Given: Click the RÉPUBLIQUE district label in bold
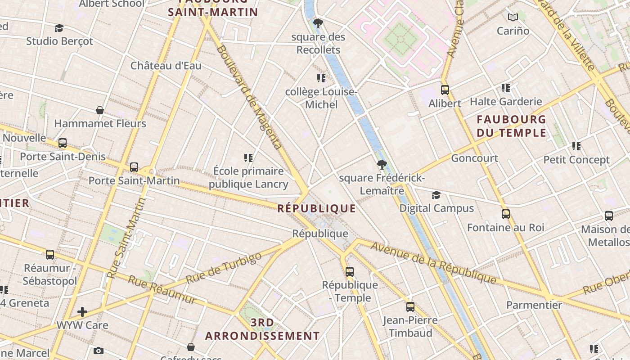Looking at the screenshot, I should pyautogui.click(x=316, y=208).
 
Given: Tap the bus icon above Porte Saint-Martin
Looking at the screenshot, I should pyautogui.click(x=134, y=167).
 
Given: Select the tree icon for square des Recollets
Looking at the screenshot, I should pyautogui.click(x=318, y=23).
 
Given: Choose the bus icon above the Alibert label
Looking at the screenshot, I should pyautogui.click(x=445, y=90).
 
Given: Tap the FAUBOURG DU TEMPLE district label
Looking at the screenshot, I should pyautogui.click(x=511, y=126).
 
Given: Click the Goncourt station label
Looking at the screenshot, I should pyautogui.click(x=474, y=158).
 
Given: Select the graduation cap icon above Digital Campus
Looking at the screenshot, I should pyautogui.click(x=436, y=195).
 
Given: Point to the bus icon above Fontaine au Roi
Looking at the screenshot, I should pyautogui.click(x=506, y=214).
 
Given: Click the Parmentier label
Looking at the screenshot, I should pyautogui.click(x=534, y=305).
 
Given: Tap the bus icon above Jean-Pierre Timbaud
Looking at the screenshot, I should pyautogui.click(x=410, y=307).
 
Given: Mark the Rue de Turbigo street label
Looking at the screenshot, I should pyautogui.click(x=223, y=268).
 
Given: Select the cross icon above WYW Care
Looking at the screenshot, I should pyautogui.click(x=82, y=311).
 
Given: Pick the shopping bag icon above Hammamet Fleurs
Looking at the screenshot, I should pyautogui.click(x=100, y=110).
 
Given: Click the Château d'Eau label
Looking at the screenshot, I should pyautogui.click(x=166, y=66).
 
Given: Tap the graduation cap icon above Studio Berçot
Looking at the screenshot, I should pyautogui.click(x=59, y=28).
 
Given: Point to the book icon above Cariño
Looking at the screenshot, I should pyautogui.click(x=513, y=18).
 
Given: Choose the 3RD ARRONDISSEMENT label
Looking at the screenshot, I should pyautogui.click(x=262, y=329).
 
